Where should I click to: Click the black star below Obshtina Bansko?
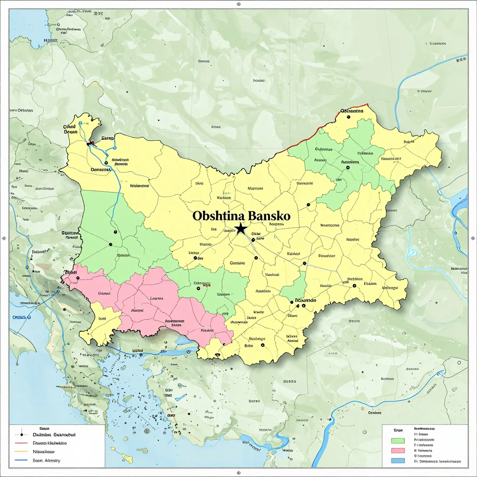point(240,229)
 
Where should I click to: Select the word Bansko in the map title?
point(270,216)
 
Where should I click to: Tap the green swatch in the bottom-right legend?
point(398,440)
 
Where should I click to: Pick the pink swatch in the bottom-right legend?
point(398,450)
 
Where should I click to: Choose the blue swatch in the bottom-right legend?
point(398,461)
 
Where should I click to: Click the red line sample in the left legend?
point(21,443)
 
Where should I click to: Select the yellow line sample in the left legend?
point(21,451)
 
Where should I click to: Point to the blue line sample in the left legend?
point(21,460)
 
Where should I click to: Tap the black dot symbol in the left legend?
point(21,435)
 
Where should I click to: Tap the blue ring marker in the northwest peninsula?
point(81,123)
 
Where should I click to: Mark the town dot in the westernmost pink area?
point(78,278)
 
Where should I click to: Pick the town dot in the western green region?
point(110,244)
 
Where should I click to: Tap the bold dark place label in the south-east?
point(305,300)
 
